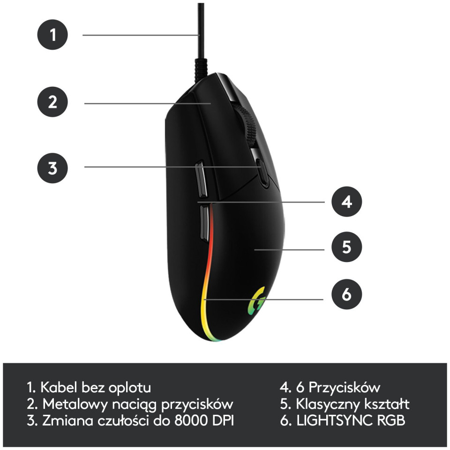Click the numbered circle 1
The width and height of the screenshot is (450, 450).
click(x=52, y=35)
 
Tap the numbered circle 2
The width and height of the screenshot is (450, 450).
click(x=52, y=102)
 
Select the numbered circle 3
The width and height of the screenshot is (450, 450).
click(x=52, y=168)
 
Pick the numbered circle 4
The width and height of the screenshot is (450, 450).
click(x=347, y=202)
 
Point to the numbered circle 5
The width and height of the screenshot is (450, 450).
click(x=347, y=247)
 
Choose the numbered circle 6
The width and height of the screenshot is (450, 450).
click(x=347, y=294)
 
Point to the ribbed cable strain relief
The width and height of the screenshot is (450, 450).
click(x=201, y=69)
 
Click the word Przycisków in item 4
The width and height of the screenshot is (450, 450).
click(x=344, y=388)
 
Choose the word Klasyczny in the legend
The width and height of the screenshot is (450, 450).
click(x=328, y=404)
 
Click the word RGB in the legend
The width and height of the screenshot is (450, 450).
click(x=391, y=420)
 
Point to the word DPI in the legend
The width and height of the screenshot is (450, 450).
click(x=223, y=420)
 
